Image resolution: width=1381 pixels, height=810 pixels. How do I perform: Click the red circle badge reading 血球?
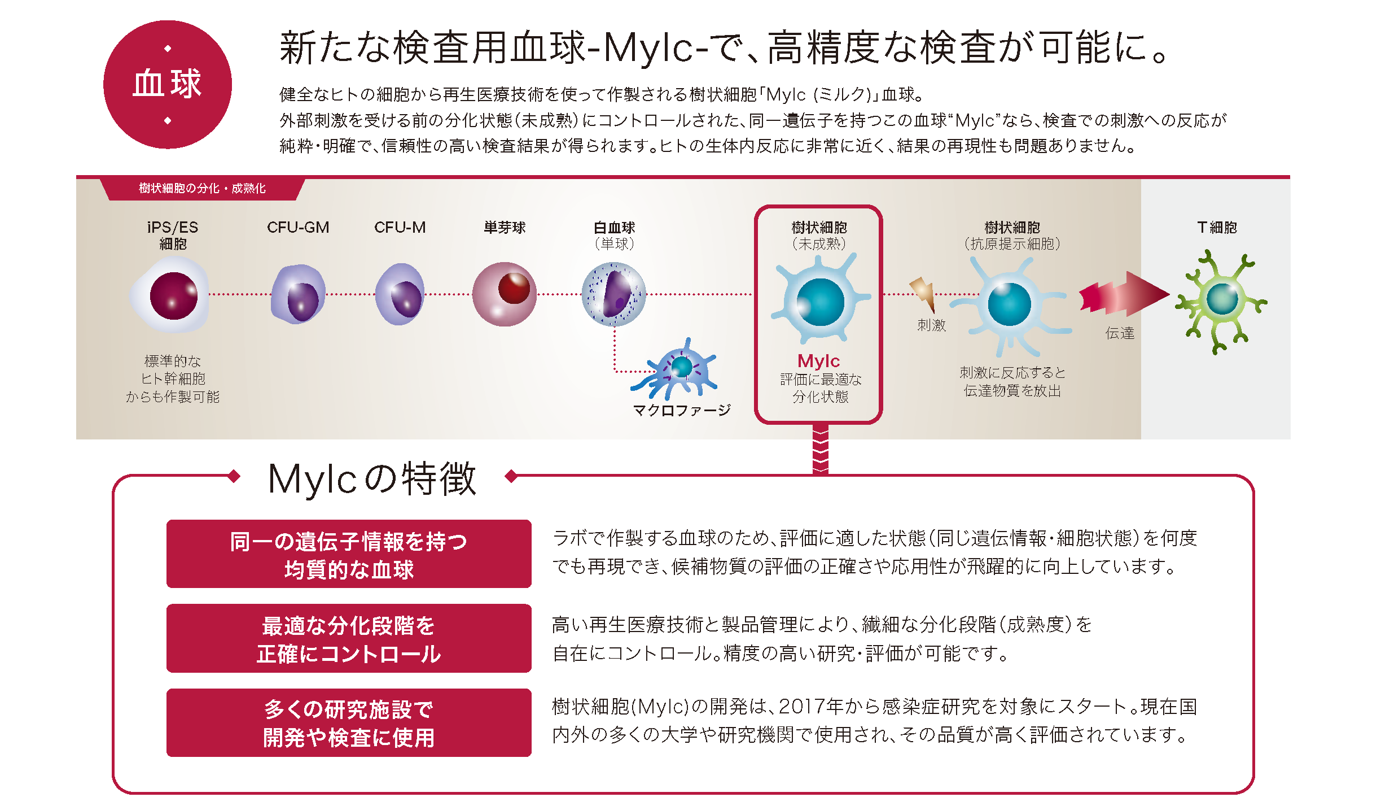pyautogui.click(x=168, y=85)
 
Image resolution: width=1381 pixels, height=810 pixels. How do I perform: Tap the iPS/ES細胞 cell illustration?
pyautogui.click(x=172, y=295)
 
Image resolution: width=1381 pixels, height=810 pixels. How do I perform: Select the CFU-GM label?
pyautogui.click(x=298, y=227)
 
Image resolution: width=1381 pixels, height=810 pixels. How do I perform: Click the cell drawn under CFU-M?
pyautogui.click(x=400, y=295)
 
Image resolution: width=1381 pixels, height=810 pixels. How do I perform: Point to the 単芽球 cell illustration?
pyautogui.click(x=505, y=294)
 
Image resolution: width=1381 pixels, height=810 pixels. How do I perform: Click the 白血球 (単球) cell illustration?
pyautogui.click(x=614, y=294)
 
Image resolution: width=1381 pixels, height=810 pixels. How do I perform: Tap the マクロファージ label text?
pyautogui.click(x=682, y=410)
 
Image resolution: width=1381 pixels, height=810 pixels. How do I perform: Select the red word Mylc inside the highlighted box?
pyautogui.click(x=818, y=360)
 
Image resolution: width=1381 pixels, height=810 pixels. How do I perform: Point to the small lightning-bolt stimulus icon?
pyautogui.click(x=923, y=291)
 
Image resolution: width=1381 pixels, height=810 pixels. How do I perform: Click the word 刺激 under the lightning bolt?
pyautogui.click(x=931, y=325)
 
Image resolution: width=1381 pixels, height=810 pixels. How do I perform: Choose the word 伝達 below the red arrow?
pyautogui.click(x=1120, y=333)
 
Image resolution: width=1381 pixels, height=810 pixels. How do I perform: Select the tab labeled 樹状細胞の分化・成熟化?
pyautogui.click(x=202, y=189)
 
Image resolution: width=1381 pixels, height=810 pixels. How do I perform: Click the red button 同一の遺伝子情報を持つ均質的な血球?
pyautogui.click(x=349, y=554)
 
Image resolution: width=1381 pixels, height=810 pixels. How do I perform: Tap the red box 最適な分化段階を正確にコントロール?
pyautogui.click(x=349, y=638)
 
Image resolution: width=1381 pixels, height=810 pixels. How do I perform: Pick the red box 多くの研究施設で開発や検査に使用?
pyautogui.click(x=349, y=722)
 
